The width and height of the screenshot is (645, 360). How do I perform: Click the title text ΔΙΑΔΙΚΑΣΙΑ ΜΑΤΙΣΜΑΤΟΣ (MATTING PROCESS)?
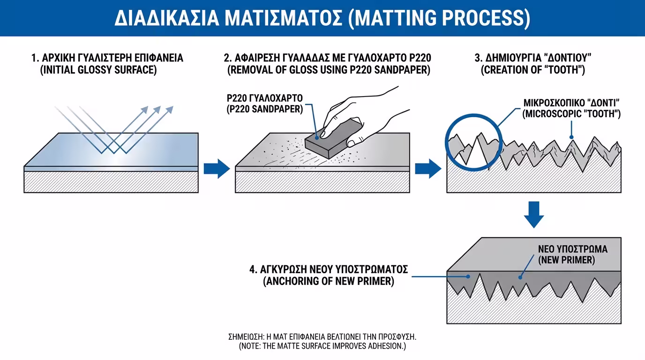tap(322, 18)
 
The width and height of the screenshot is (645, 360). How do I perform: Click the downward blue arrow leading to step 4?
tap(534, 215)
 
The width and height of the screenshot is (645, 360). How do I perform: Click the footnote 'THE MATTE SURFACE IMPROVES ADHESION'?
tap(322, 346)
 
